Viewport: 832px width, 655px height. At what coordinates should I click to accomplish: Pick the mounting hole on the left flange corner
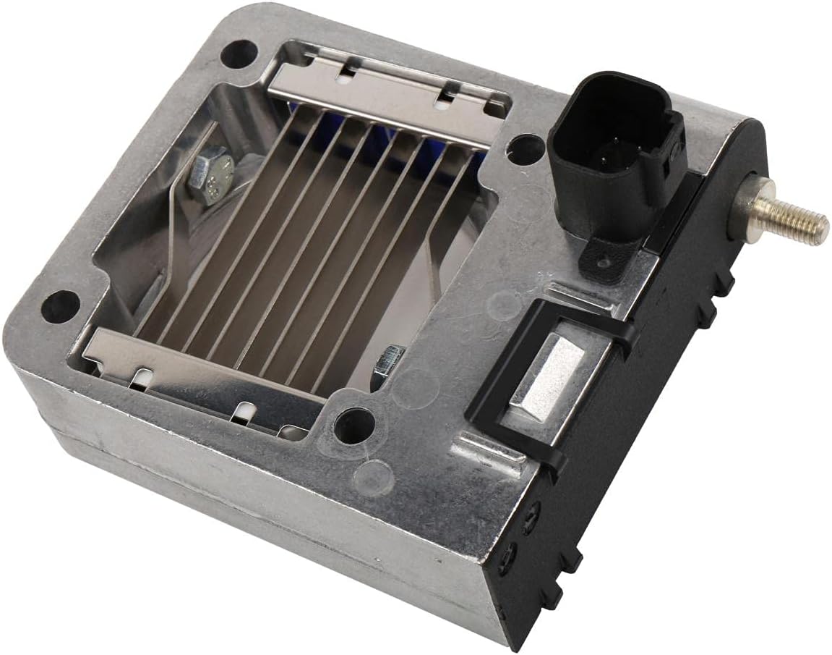pyautogui.click(x=61, y=305)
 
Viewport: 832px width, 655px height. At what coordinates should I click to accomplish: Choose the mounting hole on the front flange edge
pyautogui.click(x=353, y=423)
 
